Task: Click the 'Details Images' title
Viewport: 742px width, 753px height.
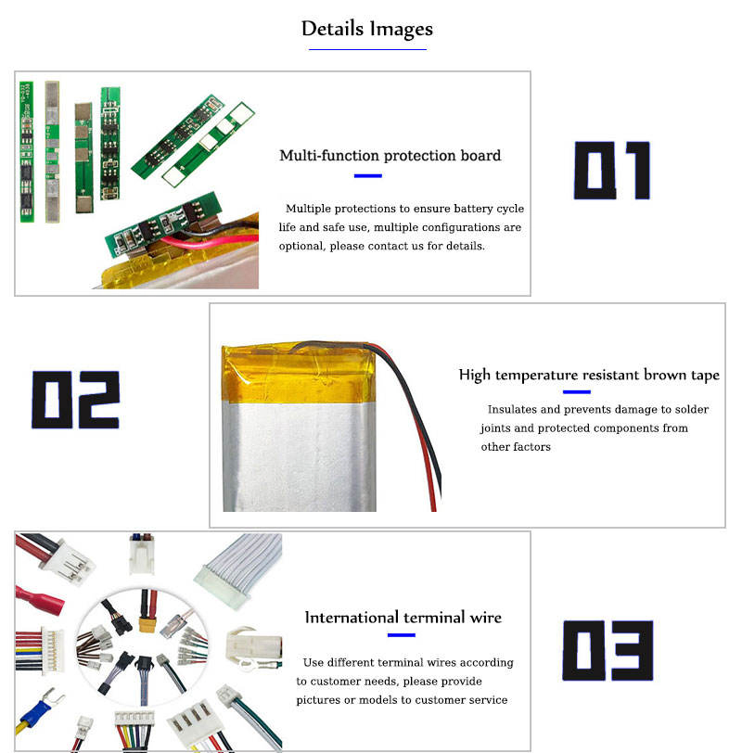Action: pyautogui.click(x=367, y=29)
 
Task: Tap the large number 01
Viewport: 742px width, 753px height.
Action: pyautogui.click(x=611, y=171)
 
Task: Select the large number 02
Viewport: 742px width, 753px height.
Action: pyautogui.click(x=76, y=400)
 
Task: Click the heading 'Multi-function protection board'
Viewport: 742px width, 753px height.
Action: pyautogui.click(x=390, y=156)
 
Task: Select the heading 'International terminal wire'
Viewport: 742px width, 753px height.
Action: pyautogui.click(x=403, y=618)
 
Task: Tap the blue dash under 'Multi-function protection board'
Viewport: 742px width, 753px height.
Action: pyautogui.click(x=368, y=175)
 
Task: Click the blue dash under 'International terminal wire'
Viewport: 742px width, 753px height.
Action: pyautogui.click(x=401, y=635)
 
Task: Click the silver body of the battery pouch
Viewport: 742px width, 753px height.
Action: pyautogui.click(x=297, y=454)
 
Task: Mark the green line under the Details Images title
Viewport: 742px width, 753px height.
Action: pyautogui.click(x=367, y=49)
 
